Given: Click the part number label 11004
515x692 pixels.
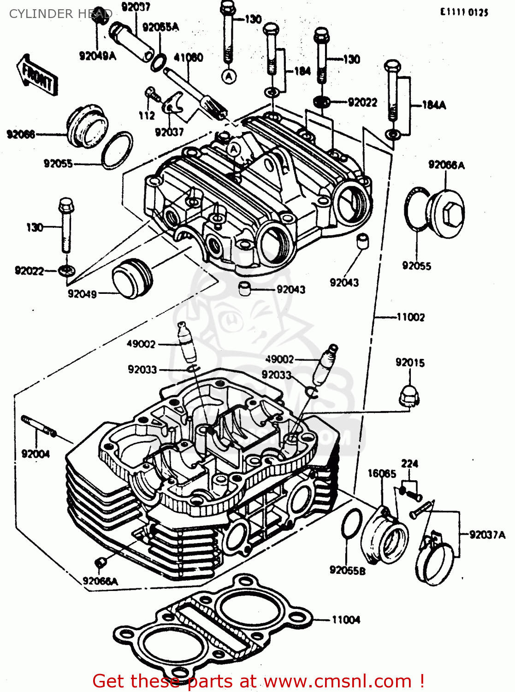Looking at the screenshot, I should [x=345, y=620].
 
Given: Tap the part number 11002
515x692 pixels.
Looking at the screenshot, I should [x=410, y=317].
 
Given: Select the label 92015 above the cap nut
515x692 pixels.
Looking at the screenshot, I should [x=410, y=363].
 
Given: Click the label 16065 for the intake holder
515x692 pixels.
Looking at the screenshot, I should [x=381, y=473].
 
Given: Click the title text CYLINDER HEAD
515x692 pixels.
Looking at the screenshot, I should [x=60, y=14].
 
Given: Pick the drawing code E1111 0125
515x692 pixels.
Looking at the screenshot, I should [x=464, y=12].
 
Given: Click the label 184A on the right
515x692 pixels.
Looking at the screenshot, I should [x=434, y=105].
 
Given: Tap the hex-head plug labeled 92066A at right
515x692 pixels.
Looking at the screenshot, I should [x=445, y=215].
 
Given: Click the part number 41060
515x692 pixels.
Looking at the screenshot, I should [x=188, y=58].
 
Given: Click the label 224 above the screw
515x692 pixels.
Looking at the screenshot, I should [x=409, y=464].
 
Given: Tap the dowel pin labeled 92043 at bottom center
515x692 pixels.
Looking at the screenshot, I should [x=244, y=289].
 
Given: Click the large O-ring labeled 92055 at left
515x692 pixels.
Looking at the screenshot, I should [x=117, y=150].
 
